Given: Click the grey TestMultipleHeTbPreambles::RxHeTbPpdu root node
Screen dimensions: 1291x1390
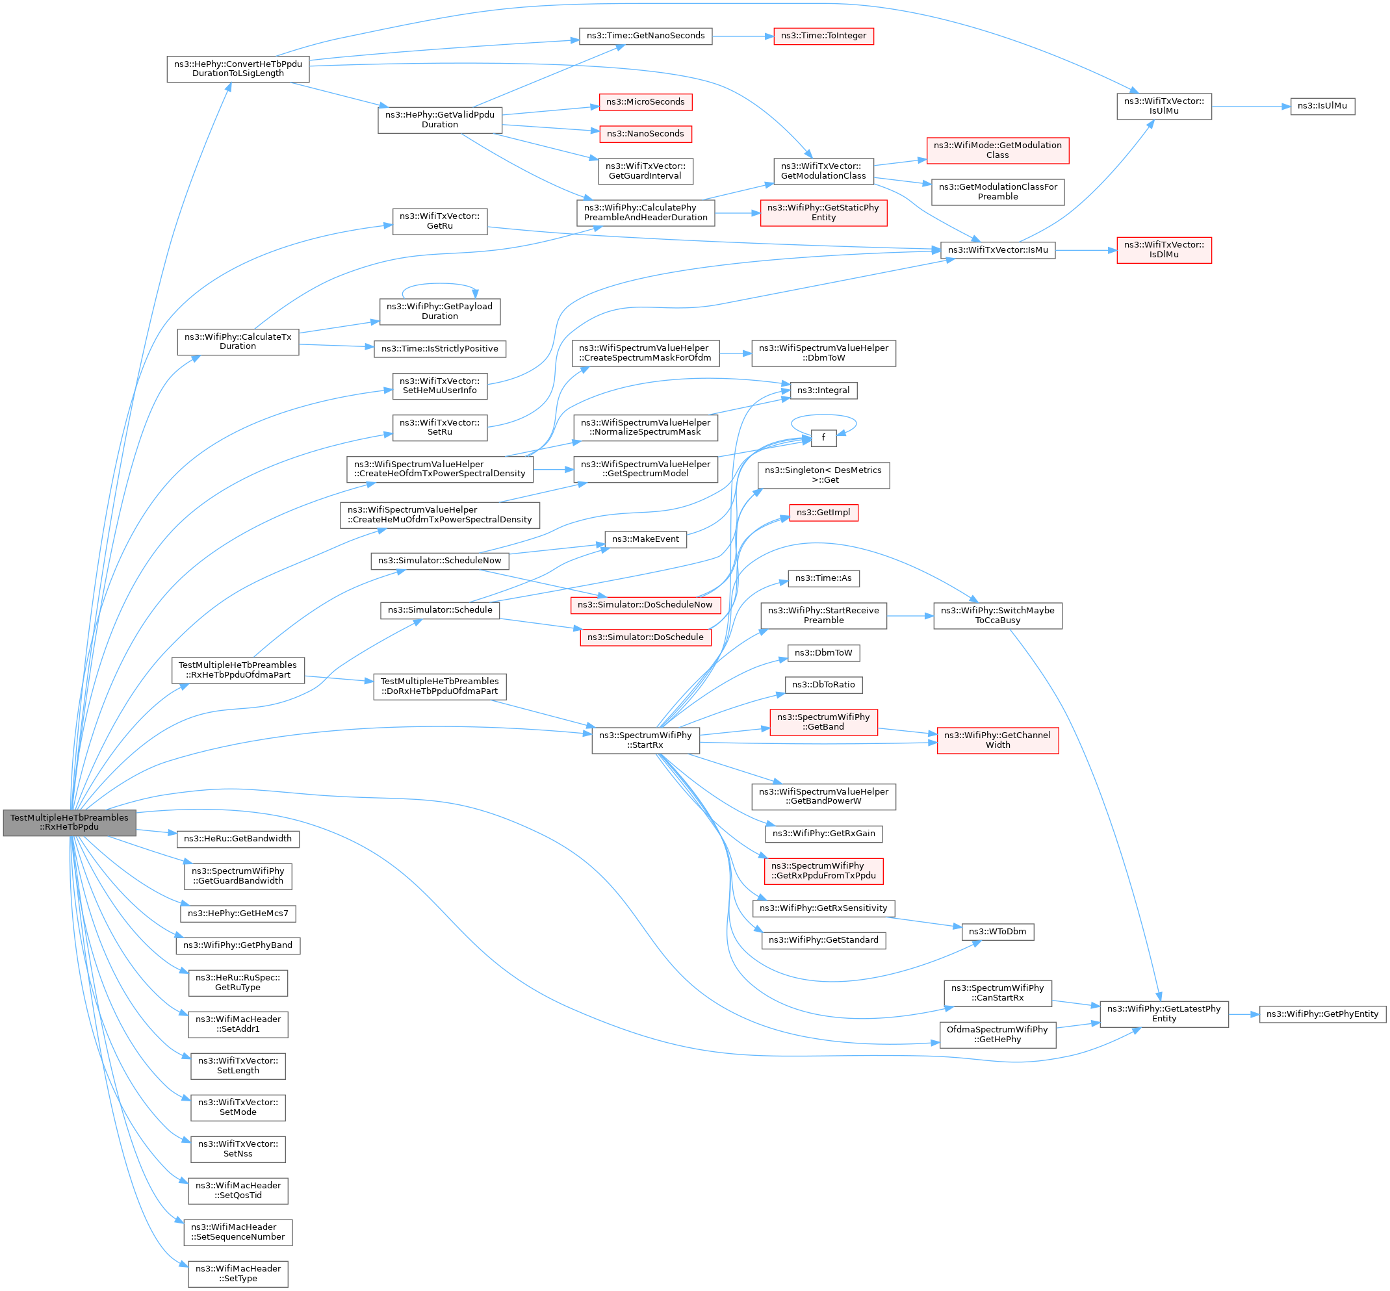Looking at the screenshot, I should coord(69,823).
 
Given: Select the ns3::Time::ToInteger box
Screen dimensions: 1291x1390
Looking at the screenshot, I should coord(823,36).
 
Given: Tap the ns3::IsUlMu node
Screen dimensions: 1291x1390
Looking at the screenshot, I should coord(1322,106).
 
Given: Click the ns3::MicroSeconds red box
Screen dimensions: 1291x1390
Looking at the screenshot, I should coord(645,102).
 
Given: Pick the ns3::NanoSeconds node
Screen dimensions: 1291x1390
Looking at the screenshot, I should coord(645,133).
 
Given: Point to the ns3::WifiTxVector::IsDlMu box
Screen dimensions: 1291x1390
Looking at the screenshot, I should coord(1164,249).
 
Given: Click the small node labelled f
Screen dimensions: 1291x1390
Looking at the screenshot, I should coord(823,438).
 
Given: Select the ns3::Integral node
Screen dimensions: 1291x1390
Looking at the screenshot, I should coord(823,390).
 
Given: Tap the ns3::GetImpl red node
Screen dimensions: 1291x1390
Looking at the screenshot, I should coord(823,513).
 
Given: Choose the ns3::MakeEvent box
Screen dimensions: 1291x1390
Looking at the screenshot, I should coord(645,539).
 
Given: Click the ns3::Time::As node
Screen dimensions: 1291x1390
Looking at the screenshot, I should coord(823,578).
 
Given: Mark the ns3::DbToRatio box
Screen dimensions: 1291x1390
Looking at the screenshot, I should coord(823,685).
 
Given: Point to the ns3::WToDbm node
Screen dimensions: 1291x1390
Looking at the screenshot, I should coord(997,931).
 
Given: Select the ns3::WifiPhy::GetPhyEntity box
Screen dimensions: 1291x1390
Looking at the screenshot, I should coord(1322,1014).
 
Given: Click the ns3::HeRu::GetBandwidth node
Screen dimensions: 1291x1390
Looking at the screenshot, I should coord(238,838).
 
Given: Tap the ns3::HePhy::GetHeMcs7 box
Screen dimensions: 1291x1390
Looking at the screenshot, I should coord(238,913).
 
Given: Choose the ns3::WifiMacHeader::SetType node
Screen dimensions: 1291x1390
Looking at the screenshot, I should coord(238,1273).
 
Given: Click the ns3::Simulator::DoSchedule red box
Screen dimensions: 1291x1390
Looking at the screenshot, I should coord(645,637).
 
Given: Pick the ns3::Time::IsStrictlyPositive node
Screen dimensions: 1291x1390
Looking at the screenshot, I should coord(439,349).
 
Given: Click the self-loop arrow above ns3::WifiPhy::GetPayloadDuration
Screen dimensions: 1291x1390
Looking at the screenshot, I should coord(439,285).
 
